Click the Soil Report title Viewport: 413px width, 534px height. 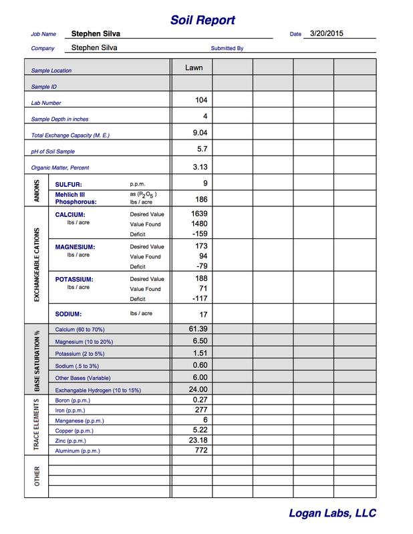(x=202, y=20)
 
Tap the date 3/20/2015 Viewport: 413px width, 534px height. (x=327, y=33)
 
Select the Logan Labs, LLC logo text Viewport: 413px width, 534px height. (x=332, y=513)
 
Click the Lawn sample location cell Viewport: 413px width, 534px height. (x=194, y=67)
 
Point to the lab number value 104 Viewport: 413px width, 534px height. (x=201, y=100)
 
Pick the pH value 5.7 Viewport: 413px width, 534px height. (x=202, y=149)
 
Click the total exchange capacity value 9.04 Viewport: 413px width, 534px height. (x=199, y=133)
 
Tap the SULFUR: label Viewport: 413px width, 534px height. (x=68, y=184)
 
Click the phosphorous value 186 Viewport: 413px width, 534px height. (x=201, y=199)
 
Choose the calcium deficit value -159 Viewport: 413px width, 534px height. (x=199, y=234)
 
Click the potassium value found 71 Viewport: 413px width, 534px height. (x=203, y=288)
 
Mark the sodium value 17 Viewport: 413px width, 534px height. (x=203, y=314)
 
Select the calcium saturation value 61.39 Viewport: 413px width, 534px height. (x=198, y=328)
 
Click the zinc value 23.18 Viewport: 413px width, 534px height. (x=198, y=441)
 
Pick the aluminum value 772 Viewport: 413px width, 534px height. (x=200, y=451)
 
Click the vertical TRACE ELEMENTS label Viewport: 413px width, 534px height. (x=37, y=425)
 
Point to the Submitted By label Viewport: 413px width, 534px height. (x=227, y=49)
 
